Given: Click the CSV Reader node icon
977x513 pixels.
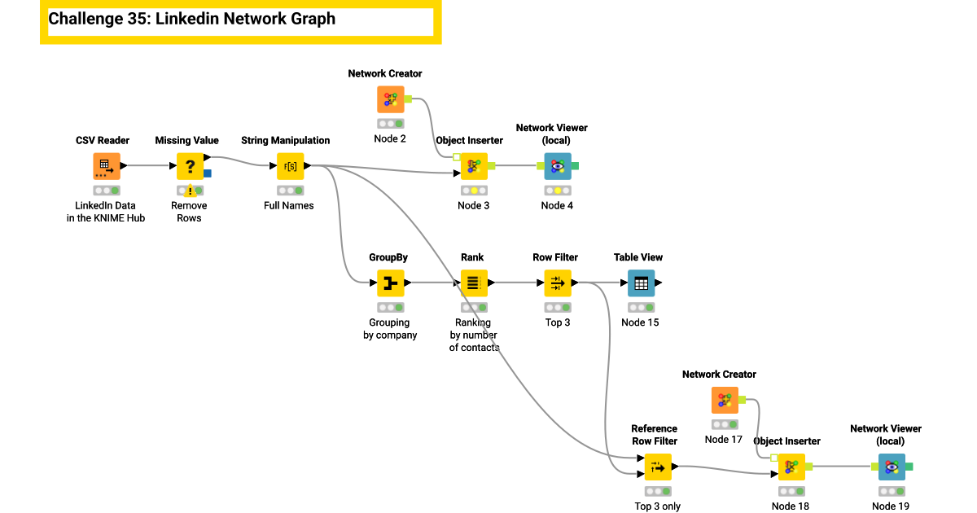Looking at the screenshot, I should [106, 166].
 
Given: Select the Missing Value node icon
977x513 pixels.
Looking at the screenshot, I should [190, 166].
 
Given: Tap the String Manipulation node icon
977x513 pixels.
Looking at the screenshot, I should [290, 166].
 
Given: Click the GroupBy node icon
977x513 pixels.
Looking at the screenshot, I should [390, 283].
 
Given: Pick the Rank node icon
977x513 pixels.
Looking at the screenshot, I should [472, 283].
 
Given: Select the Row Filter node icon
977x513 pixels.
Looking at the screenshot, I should [556, 283].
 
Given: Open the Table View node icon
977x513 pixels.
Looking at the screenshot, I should [640, 283].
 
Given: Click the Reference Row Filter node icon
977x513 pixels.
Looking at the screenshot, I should [657, 467].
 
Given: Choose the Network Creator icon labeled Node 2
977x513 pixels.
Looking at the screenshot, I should [390, 99].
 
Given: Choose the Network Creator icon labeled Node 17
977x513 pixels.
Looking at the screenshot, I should [724, 401].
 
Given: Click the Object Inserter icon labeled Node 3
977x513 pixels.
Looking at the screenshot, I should [473, 166].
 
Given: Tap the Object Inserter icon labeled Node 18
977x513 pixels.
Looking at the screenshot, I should [790, 467].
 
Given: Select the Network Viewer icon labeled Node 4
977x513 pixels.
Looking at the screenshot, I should [557, 166].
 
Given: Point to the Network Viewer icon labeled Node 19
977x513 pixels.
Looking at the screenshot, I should [892, 467].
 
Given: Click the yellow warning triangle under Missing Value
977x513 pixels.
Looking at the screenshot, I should [190, 191].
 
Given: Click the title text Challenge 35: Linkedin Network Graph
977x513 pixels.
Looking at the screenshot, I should [192, 20].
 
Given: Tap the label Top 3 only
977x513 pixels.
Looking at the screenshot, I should [657, 506].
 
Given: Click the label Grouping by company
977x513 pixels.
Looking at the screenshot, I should [390, 329].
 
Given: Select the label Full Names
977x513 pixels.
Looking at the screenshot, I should [289, 205].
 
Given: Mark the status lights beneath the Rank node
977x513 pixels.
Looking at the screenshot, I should [473, 307].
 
